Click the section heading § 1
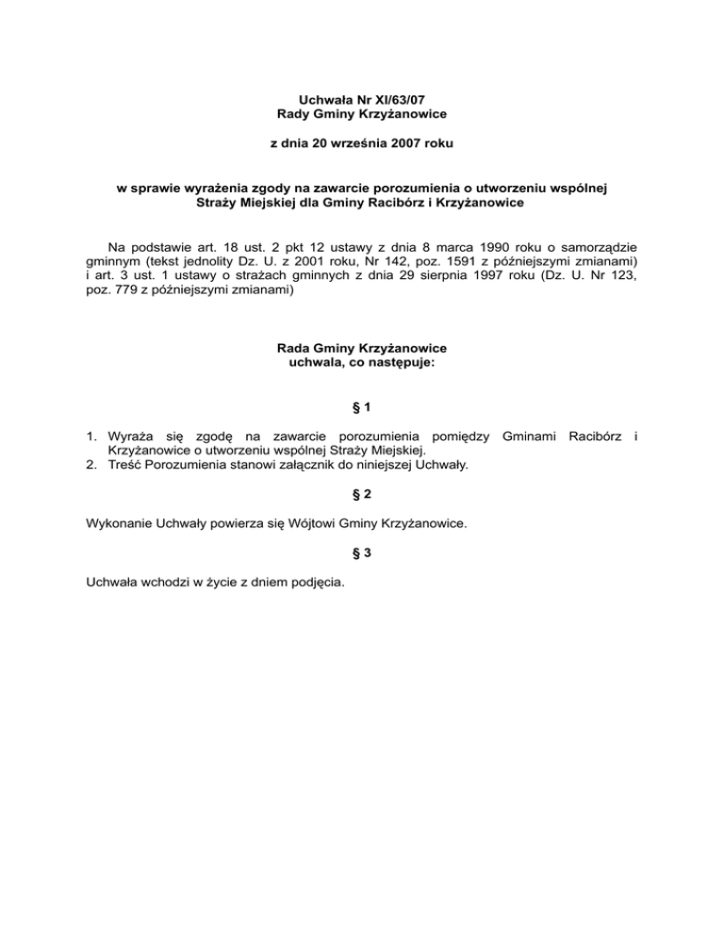[361, 407]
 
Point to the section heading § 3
[361, 555]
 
